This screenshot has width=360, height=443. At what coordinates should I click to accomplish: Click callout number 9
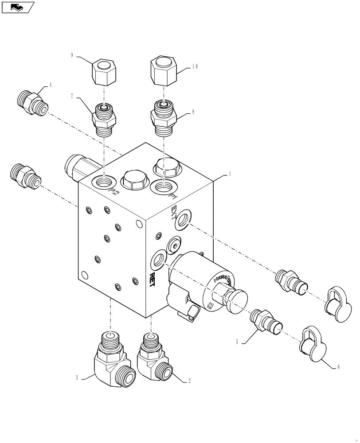71,56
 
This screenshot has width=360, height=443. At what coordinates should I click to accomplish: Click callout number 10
195,66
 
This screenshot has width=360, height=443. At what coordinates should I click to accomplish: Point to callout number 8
193,113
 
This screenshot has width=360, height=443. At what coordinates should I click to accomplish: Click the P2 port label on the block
114,192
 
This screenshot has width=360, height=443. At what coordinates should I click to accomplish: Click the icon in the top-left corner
18,7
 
